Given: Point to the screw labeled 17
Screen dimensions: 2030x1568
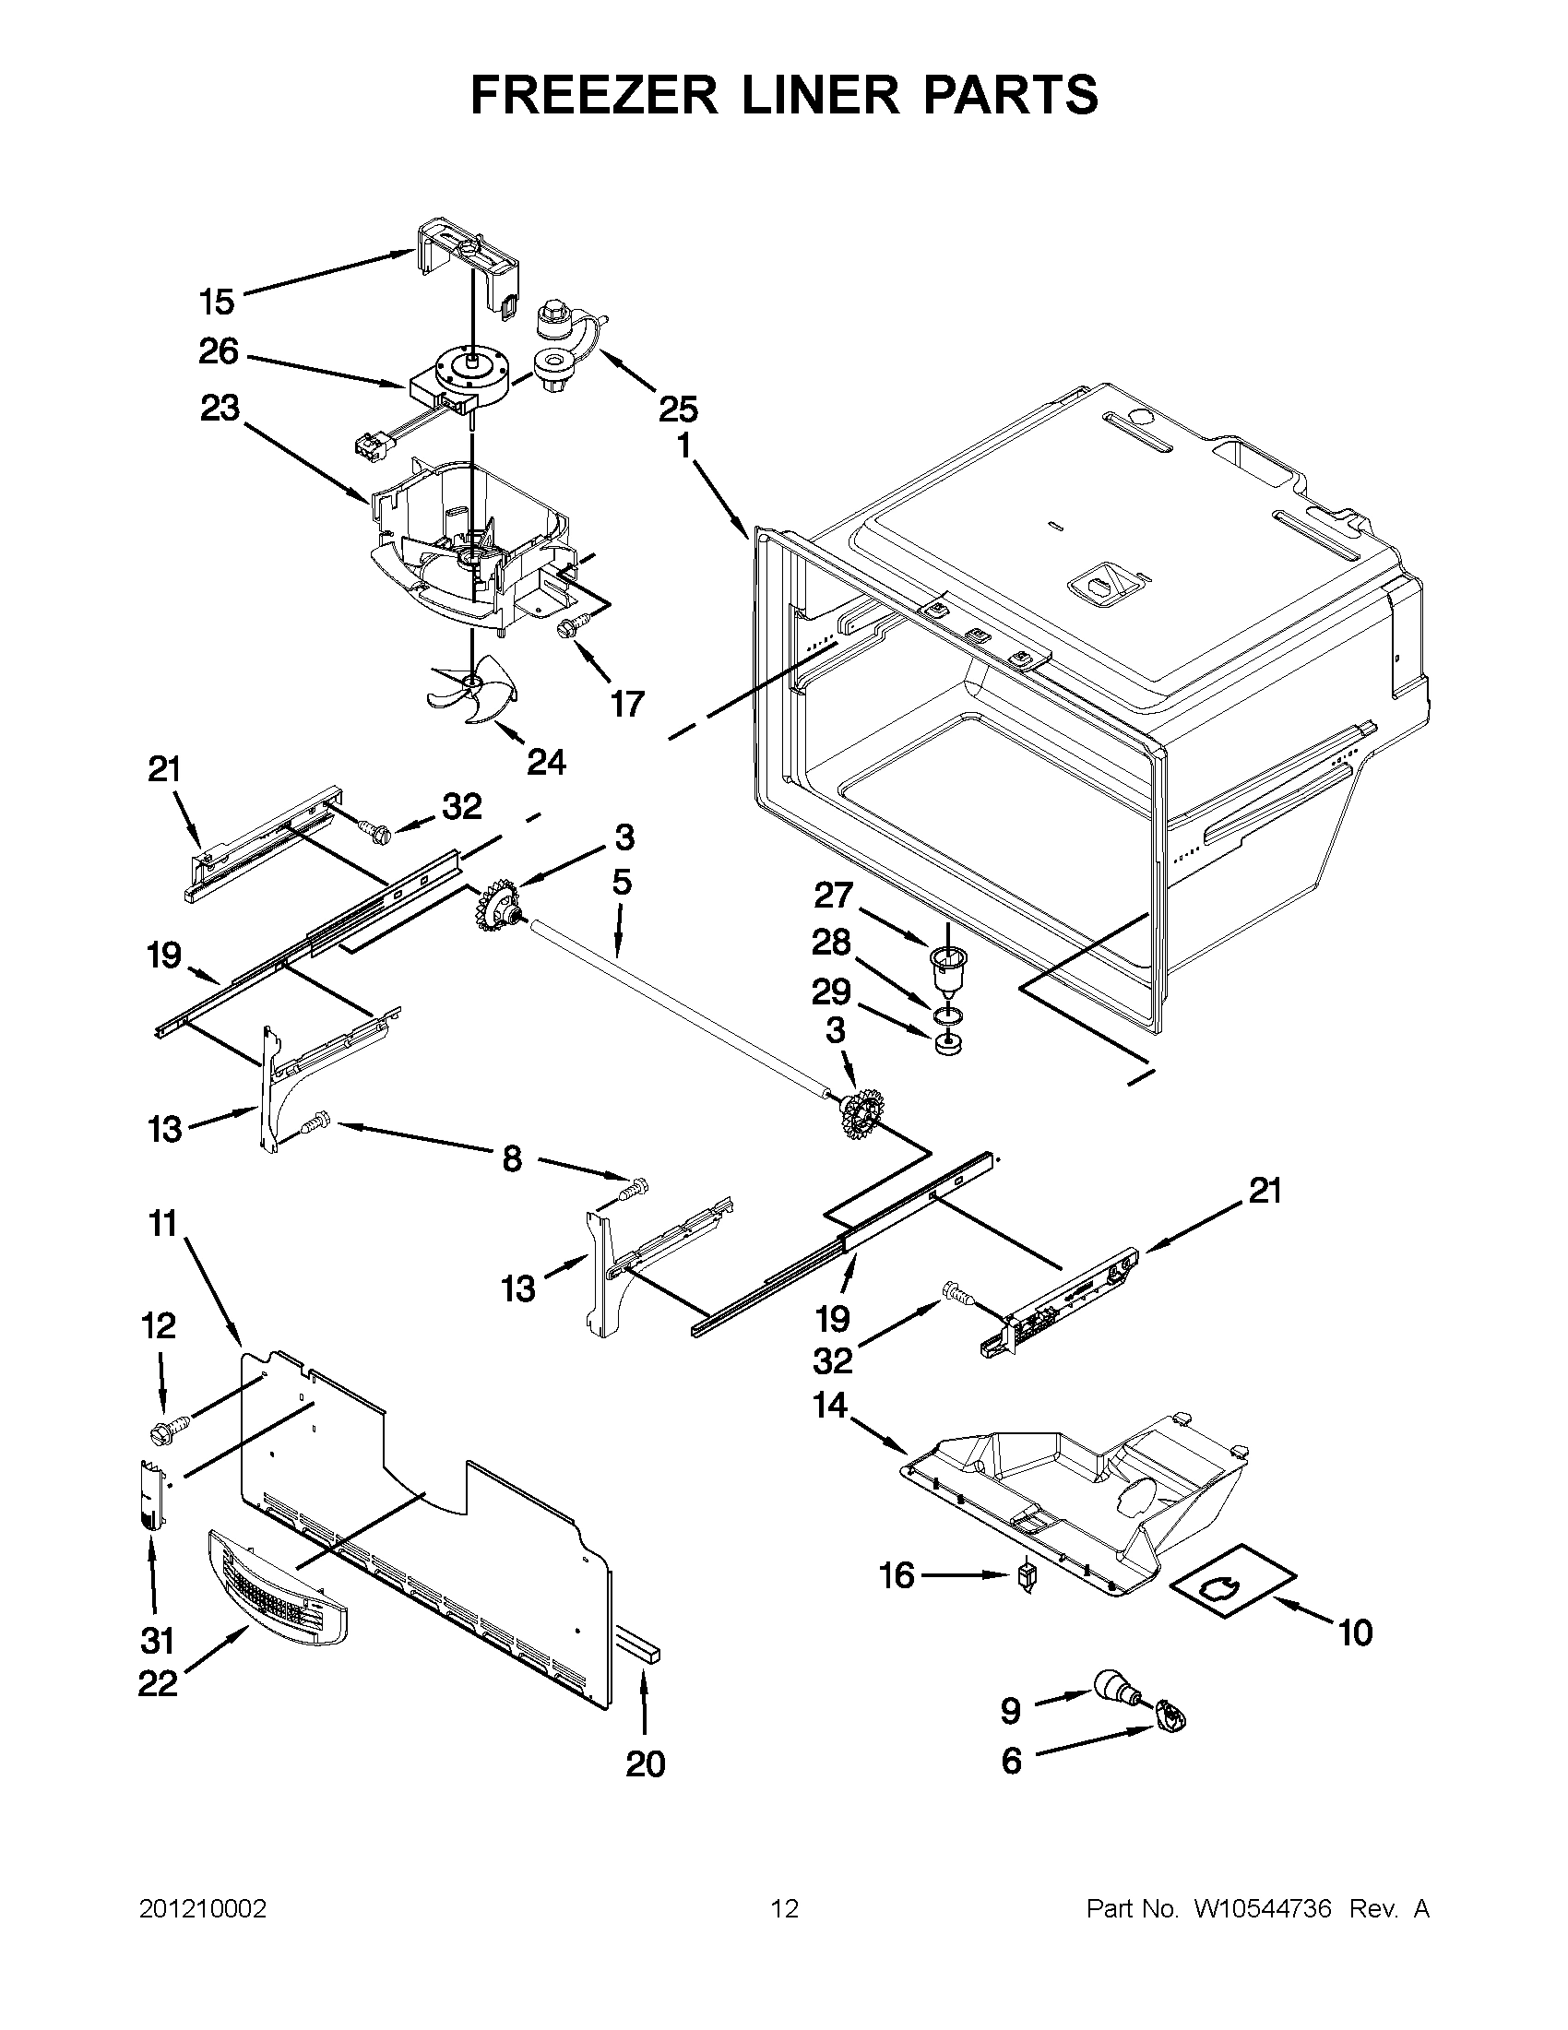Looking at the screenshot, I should pos(566,629).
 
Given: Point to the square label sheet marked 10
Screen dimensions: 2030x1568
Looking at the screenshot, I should pos(1231,1582).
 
